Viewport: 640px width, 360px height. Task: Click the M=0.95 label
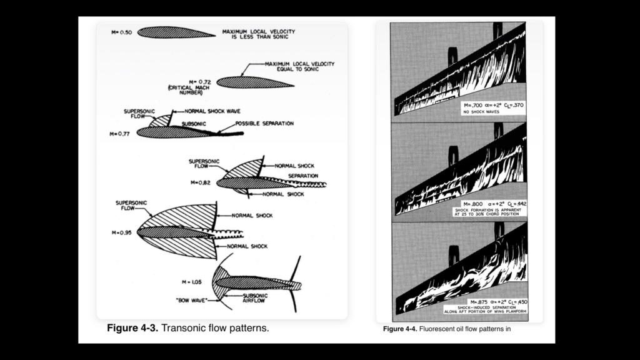click(x=120, y=232)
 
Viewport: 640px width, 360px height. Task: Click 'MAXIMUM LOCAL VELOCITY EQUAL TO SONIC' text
click(x=299, y=67)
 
